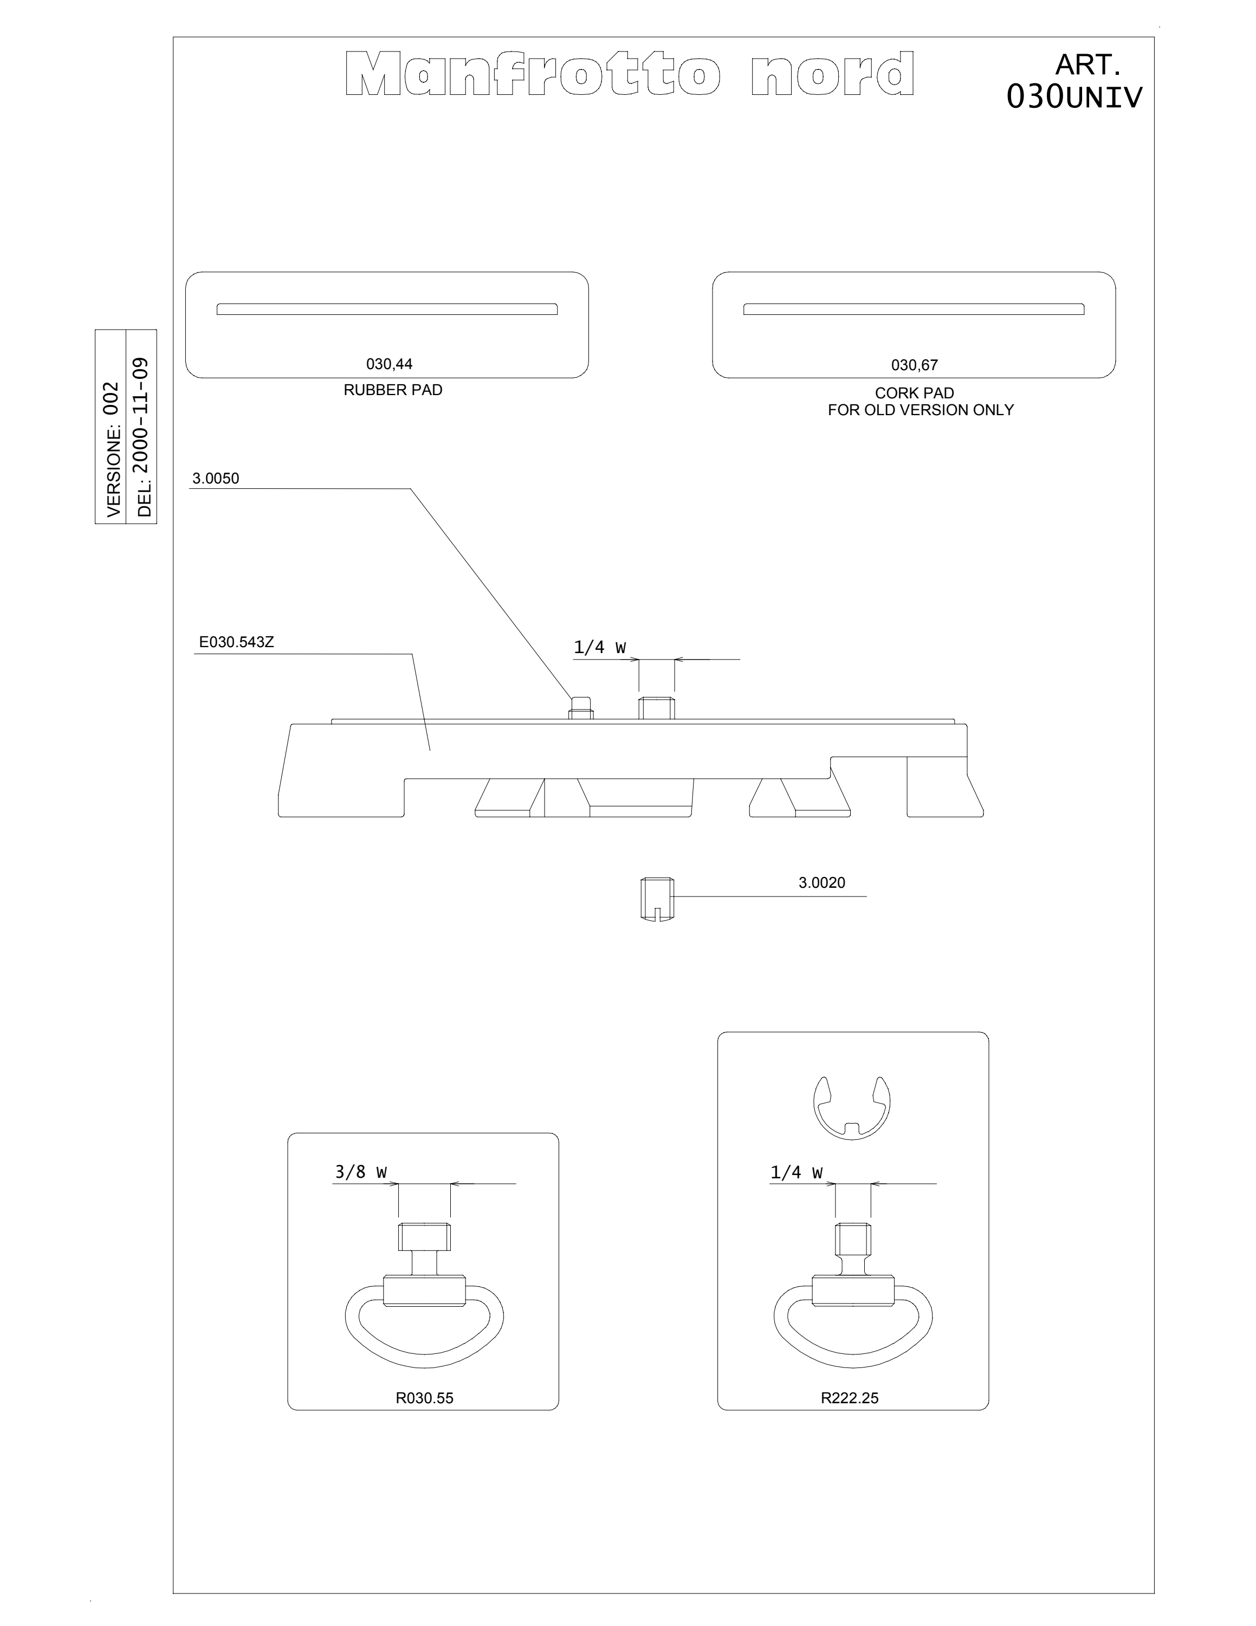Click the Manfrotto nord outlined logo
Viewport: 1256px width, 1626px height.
coord(630,74)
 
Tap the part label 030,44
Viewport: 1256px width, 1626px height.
coord(389,364)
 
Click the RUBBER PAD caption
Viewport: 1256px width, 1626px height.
coord(393,390)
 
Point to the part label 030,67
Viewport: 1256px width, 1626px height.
coord(915,365)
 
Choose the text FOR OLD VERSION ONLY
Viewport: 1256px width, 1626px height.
coord(921,409)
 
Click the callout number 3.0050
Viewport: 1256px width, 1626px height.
coord(216,479)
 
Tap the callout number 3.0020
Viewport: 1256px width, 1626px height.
coord(821,883)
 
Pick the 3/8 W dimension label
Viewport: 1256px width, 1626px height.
coord(361,1172)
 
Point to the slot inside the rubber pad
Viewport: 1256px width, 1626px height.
coord(387,309)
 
